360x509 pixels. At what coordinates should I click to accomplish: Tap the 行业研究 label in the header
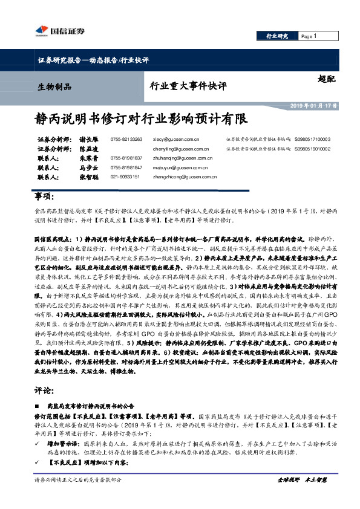(278, 36)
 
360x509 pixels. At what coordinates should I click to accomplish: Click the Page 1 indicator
(309, 36)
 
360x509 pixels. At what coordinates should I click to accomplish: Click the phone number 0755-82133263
(126, 139)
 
